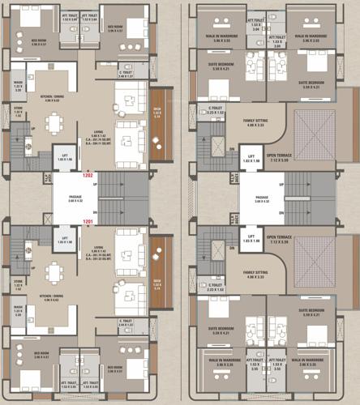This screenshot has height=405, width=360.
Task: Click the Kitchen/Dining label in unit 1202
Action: pyautogui.click(x=54, y=99)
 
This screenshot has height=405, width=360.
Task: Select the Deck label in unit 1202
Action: pyautogui.click(x=157, y=111)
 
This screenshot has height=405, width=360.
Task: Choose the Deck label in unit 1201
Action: pyautogui.click(x=157, y=281)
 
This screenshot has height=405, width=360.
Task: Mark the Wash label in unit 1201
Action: pyautogui.click(x=19, y=309)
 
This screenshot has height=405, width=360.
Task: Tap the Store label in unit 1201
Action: pyautogui.click(x=19, y=283)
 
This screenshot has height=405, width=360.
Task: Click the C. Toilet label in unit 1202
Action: pyautogui.click(x=126, y=73)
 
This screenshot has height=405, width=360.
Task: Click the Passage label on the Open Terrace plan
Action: pyautogui.click(x=262, y=197)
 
